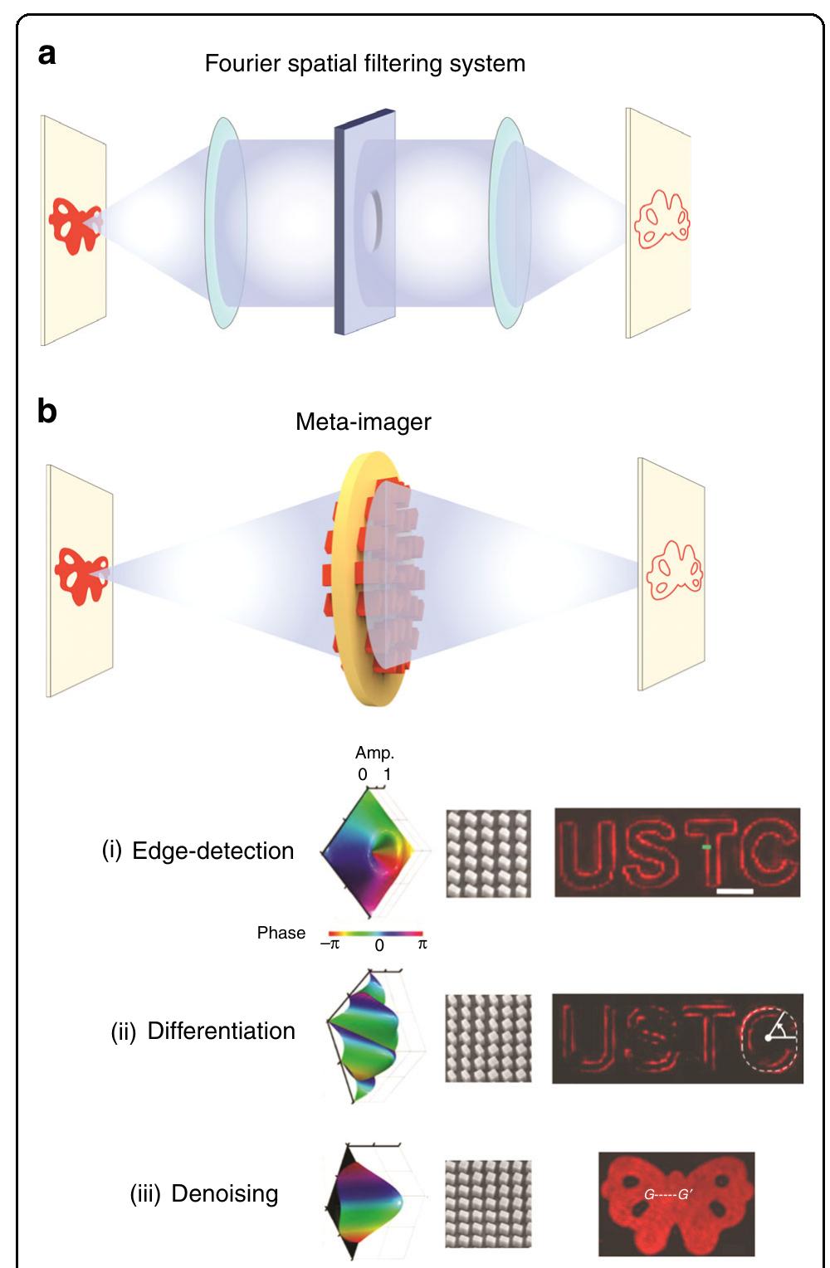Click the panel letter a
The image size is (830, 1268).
pyautogui.click(x=47, y=55)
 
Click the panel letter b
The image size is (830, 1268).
pyautogui.click(x=47, y=411)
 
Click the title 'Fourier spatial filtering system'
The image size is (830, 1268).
pyautogui.click(x=364, y=64)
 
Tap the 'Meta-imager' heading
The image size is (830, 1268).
pyautogui.click(x=364, y=422)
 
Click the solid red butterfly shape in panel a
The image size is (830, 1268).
pyautogui.click(x=74, y=225)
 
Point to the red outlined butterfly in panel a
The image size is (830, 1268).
pyautogui.click(x=662, y=218)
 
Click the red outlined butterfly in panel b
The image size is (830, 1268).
pyautogui.click(x=674, y=570)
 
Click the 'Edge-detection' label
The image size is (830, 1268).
pyautogui.click(x=212, y=851)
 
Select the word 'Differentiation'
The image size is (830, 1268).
pyautogui.click(x=221, y=1031)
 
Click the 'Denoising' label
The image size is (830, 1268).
pyautogui.click(x=224, y=1193)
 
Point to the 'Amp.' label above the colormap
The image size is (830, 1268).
pyautogui.click(x=374, y=753)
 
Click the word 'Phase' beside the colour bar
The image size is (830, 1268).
pyautogui.click(x=281, y=933)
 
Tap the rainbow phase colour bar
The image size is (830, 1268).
pyautogui.click(x=376, y=934)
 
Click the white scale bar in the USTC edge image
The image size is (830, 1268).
pyautogui.click(x=735, y=891)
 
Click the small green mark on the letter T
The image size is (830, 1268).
pyautogui.click(x=705, y=846)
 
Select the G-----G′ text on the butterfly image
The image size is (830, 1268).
pyautogui.click(x=668, y=1195)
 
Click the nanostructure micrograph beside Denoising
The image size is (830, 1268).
pyautogui.click(x=488, y=1203)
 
